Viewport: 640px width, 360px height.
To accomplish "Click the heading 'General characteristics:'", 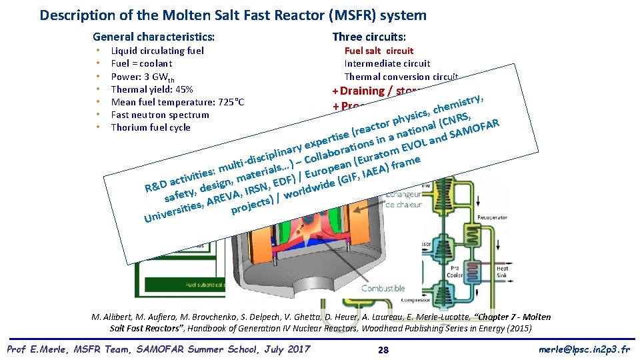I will (x=153, y=37).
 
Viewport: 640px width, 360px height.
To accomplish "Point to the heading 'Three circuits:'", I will (x=369, y=37).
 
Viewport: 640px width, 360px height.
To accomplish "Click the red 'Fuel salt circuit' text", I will (x=379, y=51).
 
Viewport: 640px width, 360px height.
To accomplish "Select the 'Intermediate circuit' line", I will (x=387, y=63).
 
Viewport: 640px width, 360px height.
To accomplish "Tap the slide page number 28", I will (x=383, y=349).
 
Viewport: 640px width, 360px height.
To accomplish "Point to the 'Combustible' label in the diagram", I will (x=383, y=288).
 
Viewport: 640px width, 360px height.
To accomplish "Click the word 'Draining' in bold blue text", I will (x=361, y=91).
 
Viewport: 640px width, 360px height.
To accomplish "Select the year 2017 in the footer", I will (x=297, y=349).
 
